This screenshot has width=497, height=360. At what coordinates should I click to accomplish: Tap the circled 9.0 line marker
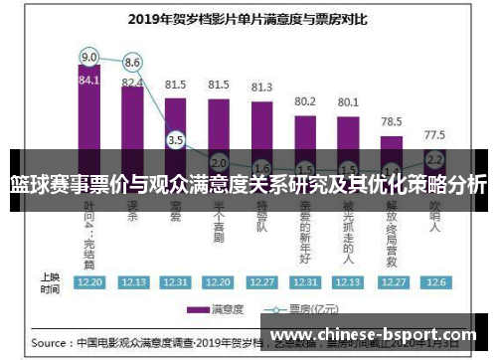coord(89,56)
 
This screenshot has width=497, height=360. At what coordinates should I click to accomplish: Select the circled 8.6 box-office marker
coord(132,62)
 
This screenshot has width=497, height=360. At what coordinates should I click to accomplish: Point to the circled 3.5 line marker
coord(176,140)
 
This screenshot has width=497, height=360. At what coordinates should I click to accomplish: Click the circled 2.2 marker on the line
coord(433,159)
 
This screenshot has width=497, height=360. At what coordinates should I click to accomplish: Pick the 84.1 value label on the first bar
coord(89,80)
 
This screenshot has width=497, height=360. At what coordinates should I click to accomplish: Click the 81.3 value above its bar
coord(261,87)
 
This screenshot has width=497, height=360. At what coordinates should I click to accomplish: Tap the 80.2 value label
coord(305,100)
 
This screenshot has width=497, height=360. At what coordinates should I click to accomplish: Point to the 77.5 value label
coord(434,133)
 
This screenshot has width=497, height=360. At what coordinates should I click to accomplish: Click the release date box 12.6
coord(434,282)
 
